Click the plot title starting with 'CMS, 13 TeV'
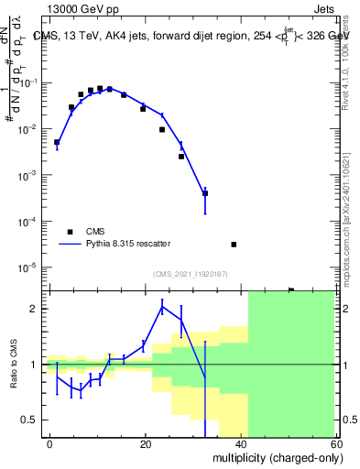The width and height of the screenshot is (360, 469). [192, 37]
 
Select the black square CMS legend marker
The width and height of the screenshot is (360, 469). [69, 232]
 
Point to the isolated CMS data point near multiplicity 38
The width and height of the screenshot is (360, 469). [235, 245]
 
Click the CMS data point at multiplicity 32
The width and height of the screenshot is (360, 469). [205, 193]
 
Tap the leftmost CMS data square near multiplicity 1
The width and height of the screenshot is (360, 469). [57, 142]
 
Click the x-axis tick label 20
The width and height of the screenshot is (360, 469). [146, 444]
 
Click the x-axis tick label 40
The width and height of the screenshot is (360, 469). [242, 444]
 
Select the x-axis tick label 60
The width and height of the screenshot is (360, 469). [337, 444]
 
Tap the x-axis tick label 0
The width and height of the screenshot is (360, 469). [49, 444]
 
